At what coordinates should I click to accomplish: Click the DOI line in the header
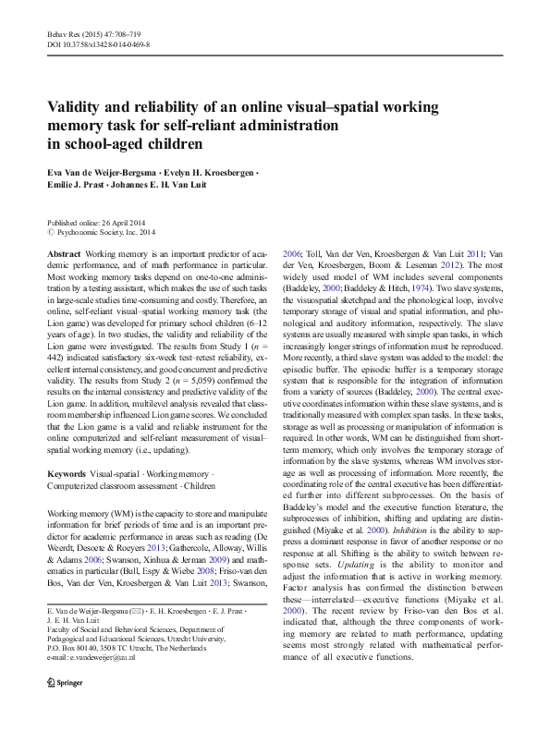click(x=98, y=44)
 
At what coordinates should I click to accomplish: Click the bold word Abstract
click(x=63, y=253)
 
